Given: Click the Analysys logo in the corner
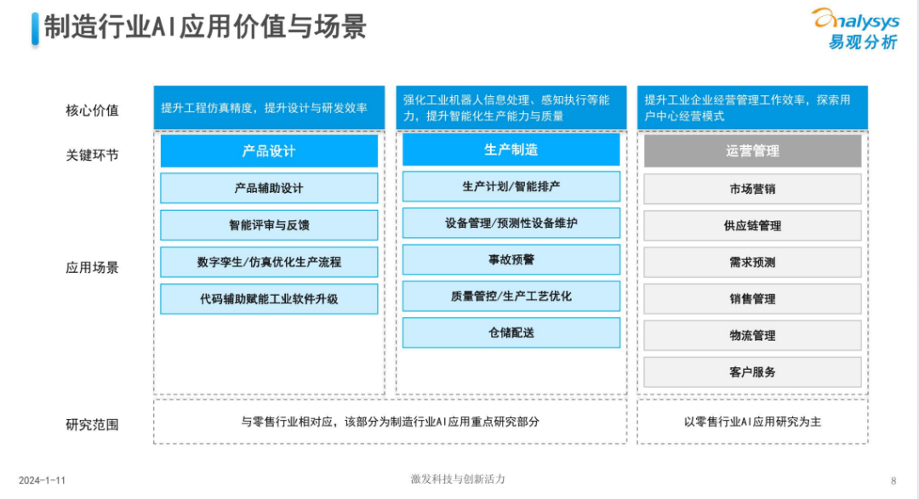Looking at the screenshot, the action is coord(854,28).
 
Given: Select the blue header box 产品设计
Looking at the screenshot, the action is coord(269,151).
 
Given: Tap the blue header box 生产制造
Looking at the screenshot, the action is coord(511,150).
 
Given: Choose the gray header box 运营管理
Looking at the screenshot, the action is coord(752,151).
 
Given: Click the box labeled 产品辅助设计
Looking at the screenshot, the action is coord(269,189).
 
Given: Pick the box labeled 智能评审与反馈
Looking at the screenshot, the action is coord(269,225).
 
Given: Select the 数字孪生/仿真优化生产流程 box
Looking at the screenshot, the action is coord(269,262).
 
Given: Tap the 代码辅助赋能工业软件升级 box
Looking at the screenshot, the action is coord(269,298).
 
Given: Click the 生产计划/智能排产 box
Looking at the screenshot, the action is coord(511,186).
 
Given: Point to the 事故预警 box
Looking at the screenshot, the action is coord(511,259).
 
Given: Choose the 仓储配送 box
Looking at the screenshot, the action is coord(511,332).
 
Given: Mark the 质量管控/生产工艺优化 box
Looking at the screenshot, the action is coord(511,296).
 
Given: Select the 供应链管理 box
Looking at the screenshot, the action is coord(752,226).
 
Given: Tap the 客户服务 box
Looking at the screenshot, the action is coord(752,372).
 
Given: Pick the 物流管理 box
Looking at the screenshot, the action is coord(752,336).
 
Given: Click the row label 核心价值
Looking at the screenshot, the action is coord(92,110).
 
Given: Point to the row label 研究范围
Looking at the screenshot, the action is coord(92,424).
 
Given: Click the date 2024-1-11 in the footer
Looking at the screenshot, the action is coord(42,480).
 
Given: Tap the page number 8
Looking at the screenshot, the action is coord(893,480).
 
